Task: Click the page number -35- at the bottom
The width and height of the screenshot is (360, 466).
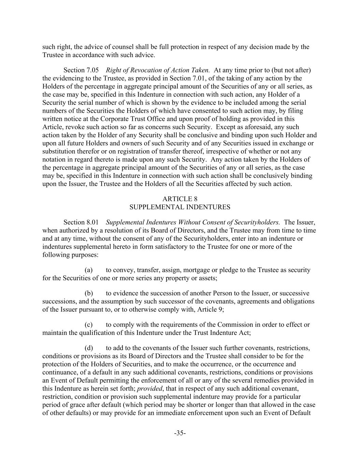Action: [x=180, y=433]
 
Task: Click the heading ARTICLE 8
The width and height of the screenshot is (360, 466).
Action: [x=180, y=199]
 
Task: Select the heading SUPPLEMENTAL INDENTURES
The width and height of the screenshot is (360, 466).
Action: [x=180, y=207]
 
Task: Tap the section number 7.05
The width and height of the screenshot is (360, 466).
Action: [x=92, y=70]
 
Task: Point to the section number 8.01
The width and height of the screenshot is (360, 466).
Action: [x=92, y=222]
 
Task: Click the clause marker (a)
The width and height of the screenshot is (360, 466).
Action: [x=89, y=270]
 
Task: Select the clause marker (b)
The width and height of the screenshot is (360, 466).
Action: [x=89, y=293]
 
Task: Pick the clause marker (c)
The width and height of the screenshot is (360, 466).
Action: [x=89, y=325]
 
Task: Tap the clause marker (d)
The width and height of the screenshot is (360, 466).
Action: [x=89, y=348]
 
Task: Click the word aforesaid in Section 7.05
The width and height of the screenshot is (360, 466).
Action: [x=259, y=127]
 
